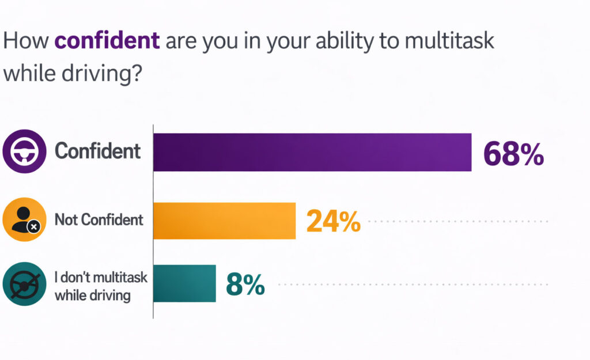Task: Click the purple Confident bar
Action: [312, 152]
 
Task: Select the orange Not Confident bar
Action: [224, 220]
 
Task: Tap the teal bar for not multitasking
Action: [184, 283]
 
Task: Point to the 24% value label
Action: [333, 221]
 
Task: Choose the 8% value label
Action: [245, 284]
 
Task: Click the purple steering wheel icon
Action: [24, 151]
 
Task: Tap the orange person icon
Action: [24, 219]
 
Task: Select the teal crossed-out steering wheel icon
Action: [24, 283]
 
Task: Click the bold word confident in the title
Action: [107, 41]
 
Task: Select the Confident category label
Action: [97, 151]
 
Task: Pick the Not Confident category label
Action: [99, 219]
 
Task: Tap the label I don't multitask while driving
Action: [101, 286]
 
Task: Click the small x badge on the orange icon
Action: [34, 228]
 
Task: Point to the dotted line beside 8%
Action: [413, 284]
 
